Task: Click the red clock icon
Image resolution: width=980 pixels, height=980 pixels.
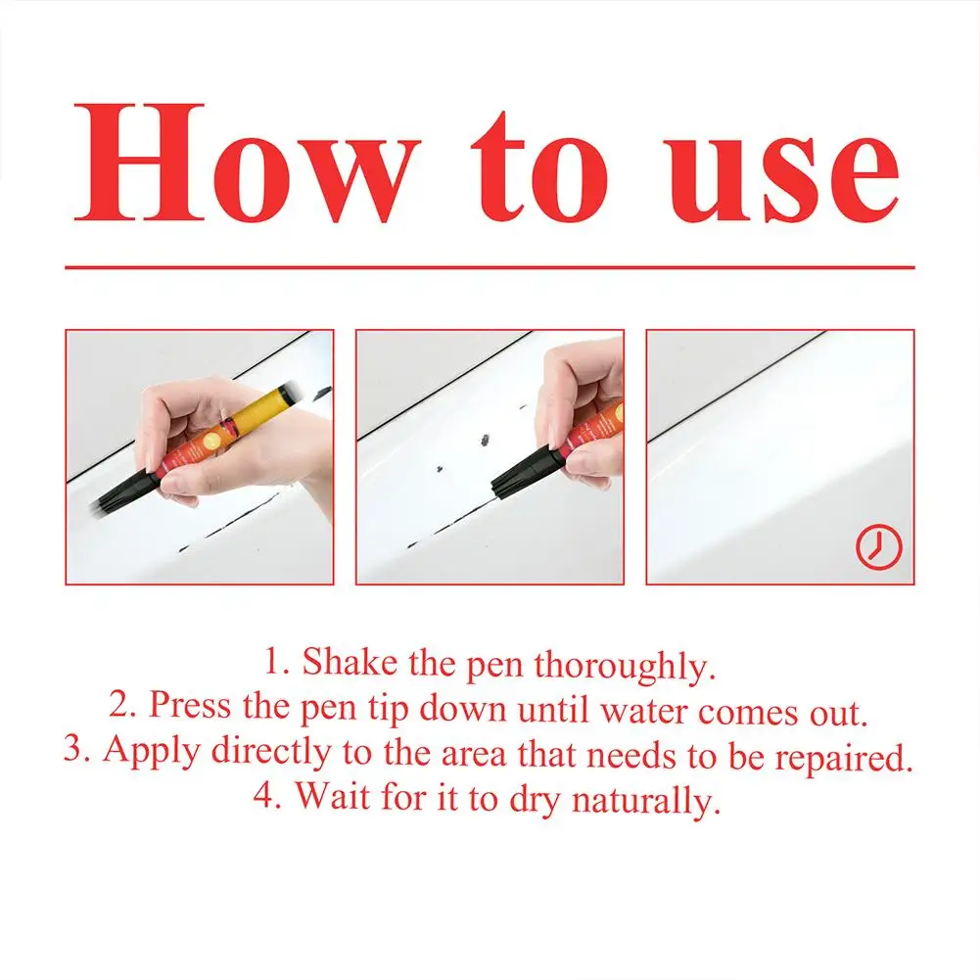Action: [878, 548]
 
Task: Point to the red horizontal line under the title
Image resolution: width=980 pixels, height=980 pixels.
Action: [490, 266]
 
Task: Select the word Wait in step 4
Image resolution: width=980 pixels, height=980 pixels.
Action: [331, 797]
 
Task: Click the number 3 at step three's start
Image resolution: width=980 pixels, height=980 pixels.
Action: [73, 752]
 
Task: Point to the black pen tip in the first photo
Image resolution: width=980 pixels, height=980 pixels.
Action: [116, 494]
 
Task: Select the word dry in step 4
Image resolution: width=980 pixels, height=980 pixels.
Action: [534, 799]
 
